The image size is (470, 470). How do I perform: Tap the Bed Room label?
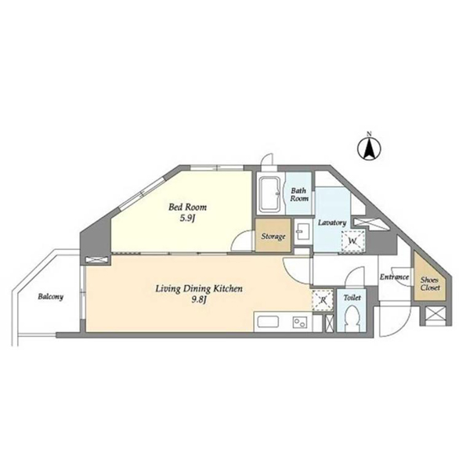(187, 207)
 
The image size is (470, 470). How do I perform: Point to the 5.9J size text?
(188, 219)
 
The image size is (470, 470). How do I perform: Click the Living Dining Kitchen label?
(199, 288)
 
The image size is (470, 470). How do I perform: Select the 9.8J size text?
(199, 300)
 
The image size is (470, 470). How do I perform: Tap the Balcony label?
(51, 297)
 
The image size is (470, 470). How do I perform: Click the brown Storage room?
(273, 235)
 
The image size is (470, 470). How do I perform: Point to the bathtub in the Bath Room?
(269, 194)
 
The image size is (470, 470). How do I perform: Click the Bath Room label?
(299, 194)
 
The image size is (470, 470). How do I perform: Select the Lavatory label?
(332, 222)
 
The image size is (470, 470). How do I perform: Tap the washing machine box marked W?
(353, 241)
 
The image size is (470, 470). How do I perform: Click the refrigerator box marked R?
(323, 300)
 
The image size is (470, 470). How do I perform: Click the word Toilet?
(352, 298)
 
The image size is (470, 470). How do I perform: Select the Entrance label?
(394, 277)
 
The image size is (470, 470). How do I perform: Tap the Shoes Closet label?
(429, 284)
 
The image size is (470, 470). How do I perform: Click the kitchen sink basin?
(268, 322)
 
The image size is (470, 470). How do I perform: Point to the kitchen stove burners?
(300, 322)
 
